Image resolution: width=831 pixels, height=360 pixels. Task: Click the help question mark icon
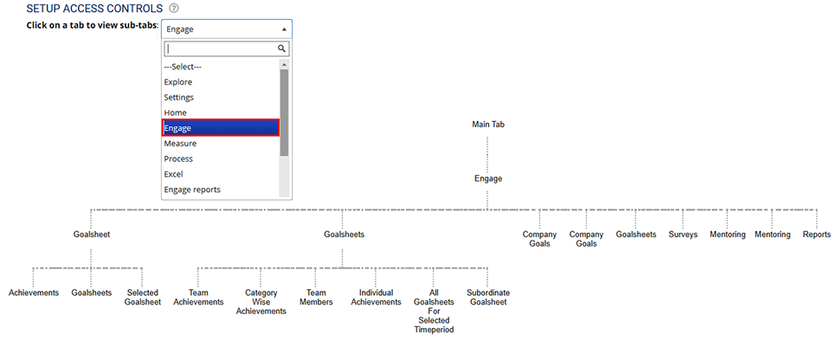pos(174,8)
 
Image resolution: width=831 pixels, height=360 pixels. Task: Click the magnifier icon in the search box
pos(281,49)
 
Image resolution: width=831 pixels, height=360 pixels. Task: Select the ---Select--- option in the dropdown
pos(183,67)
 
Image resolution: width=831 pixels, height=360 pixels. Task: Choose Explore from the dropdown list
pos(178,82)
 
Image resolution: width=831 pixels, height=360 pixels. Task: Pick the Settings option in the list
pos(179,98)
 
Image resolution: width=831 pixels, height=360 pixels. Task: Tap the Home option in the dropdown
pos(175,113)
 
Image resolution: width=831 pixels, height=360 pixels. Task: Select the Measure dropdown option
pos(180,144)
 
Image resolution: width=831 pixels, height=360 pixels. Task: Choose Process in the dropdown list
pos(178,159)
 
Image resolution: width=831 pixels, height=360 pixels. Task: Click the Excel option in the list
pos(174,175)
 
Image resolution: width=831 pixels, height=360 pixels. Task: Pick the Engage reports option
pos(192,190)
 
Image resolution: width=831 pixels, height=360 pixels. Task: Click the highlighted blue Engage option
pos(220,128)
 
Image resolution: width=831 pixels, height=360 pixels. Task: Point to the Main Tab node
pos(488,125)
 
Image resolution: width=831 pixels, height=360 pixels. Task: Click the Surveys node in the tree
pos(683,235)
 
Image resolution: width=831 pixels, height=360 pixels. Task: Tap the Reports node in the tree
pos(816,235)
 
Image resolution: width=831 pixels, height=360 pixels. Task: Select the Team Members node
pos(316,298)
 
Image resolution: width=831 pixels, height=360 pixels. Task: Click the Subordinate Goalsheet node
pos(486,298)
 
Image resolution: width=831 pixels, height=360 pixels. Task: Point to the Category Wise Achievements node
pos(261,302)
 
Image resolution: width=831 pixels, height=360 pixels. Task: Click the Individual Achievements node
pos(376,298)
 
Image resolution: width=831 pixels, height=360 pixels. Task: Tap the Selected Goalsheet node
pos(143,298)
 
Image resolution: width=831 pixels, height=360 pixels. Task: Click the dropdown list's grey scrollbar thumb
pos(284,112)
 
